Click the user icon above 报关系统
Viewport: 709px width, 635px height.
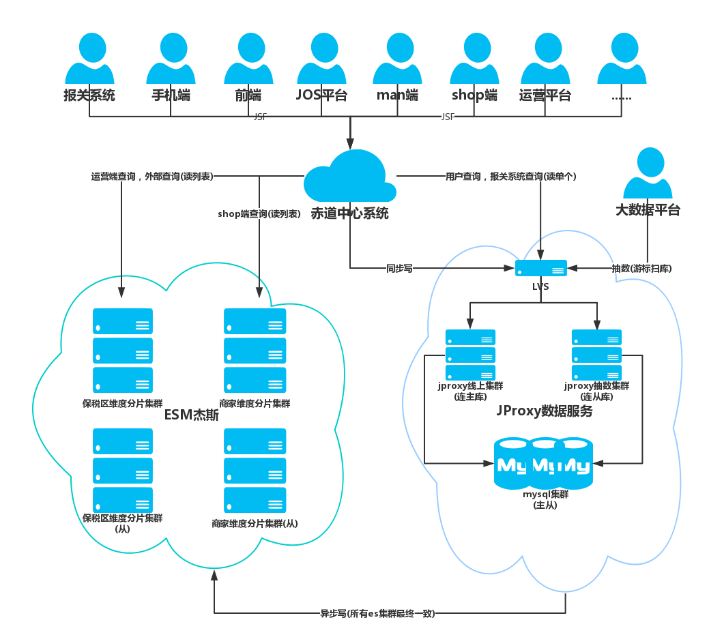(89, 60)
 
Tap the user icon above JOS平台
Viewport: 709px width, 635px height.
(321, 60)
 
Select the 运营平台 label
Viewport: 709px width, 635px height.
(545, 95)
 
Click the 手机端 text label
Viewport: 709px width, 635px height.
(171, 95)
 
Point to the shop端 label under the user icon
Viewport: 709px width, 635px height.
(474, 95)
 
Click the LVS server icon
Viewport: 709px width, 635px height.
(540, 268)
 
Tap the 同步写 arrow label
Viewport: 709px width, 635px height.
(399, 268)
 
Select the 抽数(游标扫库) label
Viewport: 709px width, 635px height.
(642, 268)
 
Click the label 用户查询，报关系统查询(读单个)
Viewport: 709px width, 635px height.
(511, 176)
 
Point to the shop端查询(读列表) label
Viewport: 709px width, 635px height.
(259, 213)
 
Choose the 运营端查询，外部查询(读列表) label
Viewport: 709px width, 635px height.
(152, 176)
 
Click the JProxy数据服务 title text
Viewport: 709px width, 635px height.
(544, 412)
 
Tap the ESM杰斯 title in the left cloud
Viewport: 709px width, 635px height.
(192, 415)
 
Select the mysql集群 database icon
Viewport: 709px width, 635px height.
(542, 464)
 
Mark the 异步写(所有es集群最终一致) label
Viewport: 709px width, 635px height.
(377, 613)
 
